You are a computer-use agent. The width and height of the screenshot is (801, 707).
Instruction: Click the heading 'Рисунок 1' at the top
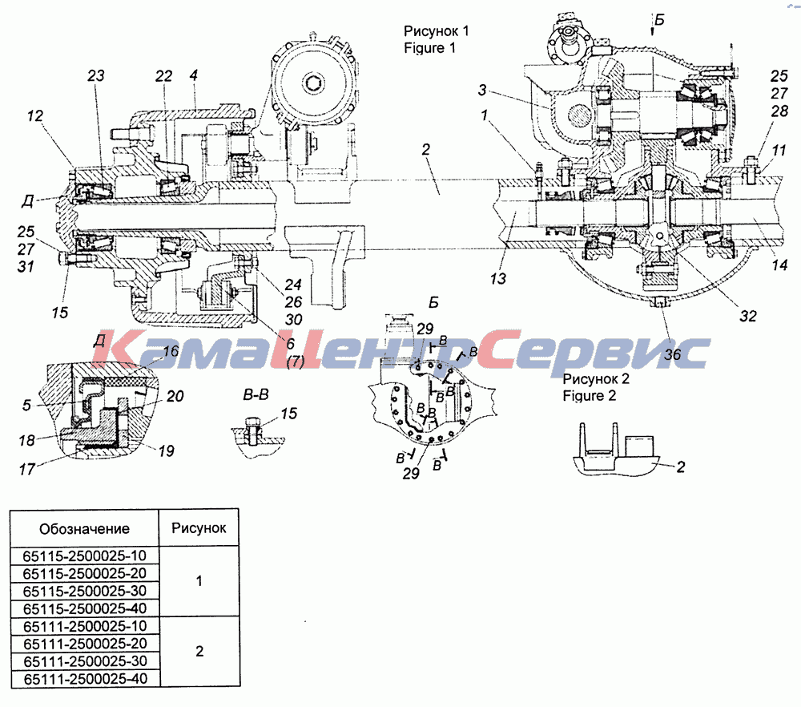coord(436,30)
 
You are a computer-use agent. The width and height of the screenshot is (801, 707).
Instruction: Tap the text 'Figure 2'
coord(589,396)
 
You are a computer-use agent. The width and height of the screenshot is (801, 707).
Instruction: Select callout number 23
coord(95,75)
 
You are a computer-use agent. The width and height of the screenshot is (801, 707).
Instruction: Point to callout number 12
coord(34,115)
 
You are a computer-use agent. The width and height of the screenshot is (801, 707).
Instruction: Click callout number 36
coord(672,354)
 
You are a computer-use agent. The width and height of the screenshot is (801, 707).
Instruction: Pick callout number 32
coord(748,316)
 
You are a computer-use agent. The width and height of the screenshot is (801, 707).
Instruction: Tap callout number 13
coord(498,279)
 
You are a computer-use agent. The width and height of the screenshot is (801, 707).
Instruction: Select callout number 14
coord(779,265)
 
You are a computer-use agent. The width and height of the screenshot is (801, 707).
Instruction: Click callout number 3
coord(481,90)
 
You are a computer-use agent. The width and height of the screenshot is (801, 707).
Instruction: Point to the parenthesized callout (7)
coord(296,362)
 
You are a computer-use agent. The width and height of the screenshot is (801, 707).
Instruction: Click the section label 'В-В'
coord(256,394)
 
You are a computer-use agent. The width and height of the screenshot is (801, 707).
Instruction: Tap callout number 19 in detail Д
coord(166,450)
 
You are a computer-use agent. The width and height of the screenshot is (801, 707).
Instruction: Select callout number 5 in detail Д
coord(26,406)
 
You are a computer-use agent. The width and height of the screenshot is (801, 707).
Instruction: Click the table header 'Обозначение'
coord(84,528)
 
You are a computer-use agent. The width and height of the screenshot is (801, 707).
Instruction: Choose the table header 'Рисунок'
coord(199,528)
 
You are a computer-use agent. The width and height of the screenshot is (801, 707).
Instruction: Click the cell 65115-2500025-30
coord(85,591)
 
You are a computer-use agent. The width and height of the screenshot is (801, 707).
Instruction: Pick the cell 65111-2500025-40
coord(85,679)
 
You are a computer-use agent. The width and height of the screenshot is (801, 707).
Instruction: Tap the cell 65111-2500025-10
coord(85,626)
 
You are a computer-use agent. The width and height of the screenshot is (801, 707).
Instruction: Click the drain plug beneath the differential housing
coord(660,303)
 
